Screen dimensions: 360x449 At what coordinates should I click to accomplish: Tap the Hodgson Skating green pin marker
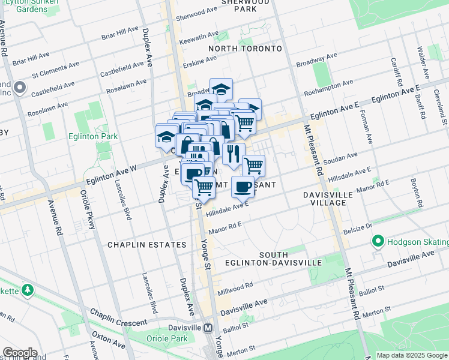pos(378,242)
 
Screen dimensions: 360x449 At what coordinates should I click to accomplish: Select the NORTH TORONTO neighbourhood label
pos(245,48)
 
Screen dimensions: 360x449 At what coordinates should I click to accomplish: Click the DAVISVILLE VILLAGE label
pos(324,199)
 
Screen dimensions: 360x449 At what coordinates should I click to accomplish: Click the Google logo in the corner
pos(19,353)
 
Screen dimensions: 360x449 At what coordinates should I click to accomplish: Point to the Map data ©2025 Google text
pos(412,355)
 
